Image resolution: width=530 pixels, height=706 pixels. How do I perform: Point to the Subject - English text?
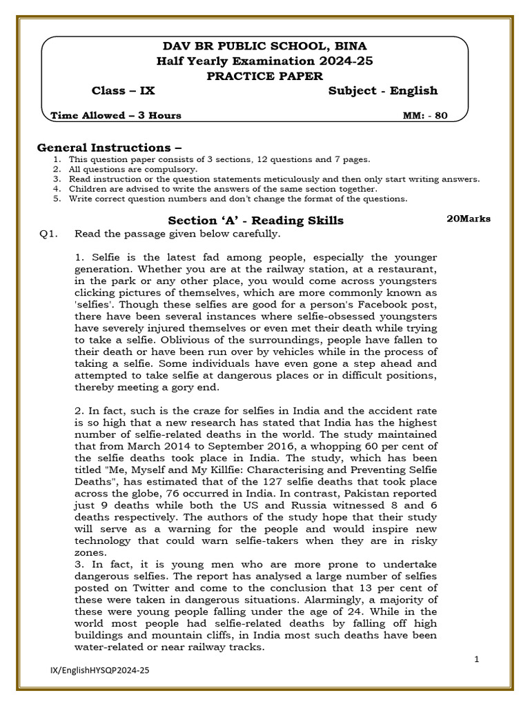point(382,91)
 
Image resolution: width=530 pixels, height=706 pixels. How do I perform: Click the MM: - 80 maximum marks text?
point(424,116)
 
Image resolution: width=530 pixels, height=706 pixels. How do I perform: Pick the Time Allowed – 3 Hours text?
point(116,116)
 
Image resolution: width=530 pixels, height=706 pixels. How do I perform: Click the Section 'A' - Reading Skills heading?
point(255,221)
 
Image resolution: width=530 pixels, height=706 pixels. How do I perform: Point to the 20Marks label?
point(469,219)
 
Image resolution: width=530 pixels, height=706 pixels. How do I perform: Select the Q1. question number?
point(48,234)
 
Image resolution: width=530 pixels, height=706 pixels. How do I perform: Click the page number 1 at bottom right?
point(477,660)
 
